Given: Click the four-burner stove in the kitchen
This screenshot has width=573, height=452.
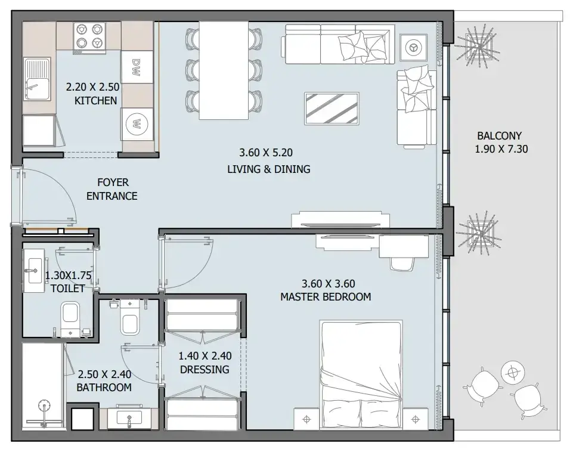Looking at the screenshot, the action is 89,38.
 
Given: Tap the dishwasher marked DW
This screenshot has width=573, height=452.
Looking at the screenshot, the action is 137,67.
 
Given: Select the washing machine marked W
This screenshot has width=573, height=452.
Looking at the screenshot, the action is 137,124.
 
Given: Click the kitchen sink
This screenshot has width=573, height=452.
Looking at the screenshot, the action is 37,79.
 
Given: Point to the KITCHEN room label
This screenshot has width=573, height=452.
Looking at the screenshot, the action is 96,101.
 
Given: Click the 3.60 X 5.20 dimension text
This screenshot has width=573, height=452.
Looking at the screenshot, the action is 266,153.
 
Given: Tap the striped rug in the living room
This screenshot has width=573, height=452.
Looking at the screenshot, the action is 332,109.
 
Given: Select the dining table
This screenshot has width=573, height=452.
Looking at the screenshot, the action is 224,70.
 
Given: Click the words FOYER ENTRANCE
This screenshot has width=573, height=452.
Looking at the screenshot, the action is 112,189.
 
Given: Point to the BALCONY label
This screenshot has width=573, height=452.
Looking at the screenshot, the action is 499,136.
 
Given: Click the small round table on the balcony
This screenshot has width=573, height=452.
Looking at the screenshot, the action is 513,373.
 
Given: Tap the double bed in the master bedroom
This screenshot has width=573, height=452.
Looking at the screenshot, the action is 361,374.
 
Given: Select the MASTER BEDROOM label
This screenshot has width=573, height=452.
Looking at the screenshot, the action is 326,297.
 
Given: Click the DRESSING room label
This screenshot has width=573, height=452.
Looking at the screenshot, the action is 205,370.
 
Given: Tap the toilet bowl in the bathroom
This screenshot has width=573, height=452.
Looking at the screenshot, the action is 130,317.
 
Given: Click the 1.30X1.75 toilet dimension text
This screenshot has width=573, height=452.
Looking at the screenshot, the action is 69,275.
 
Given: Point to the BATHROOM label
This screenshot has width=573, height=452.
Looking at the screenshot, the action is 104,388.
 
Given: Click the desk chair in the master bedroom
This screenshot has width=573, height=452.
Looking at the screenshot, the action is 402,264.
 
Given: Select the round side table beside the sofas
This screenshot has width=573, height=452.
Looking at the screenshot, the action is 413,48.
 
